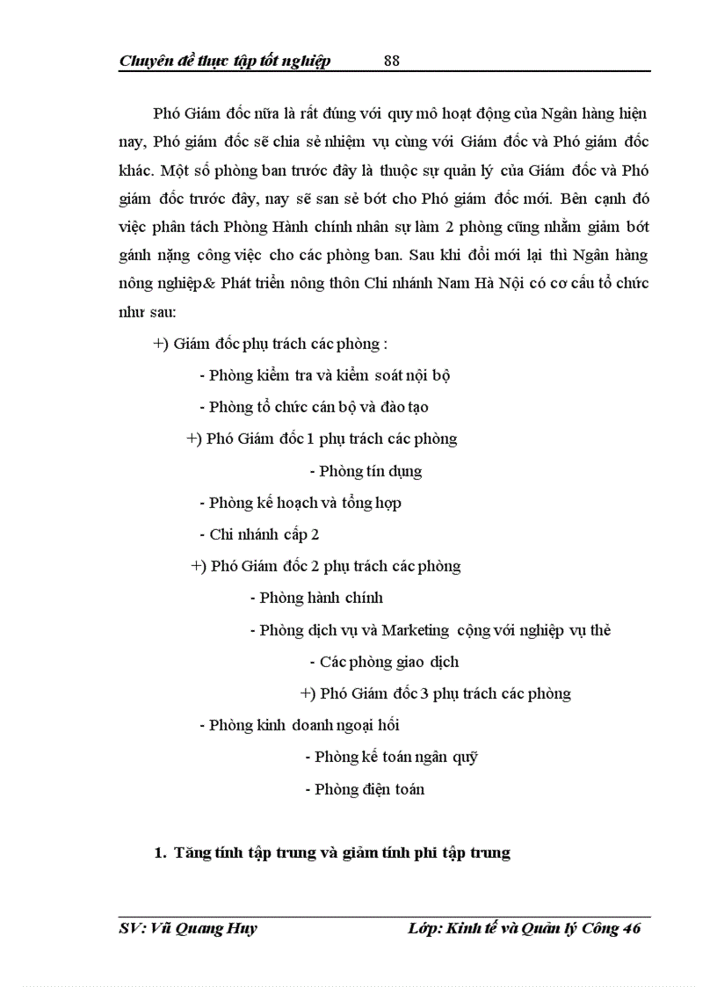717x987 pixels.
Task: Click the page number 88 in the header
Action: (392, 61)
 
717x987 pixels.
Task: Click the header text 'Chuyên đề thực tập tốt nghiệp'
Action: (224, 61)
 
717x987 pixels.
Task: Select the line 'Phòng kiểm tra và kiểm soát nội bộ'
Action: (324, 375)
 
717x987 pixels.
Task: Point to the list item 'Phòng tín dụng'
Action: (366, 471)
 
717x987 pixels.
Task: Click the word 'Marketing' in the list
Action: (416, 630)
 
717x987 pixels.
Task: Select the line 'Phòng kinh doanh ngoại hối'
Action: (300, 725)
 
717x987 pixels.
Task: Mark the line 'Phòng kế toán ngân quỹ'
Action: (391, 757)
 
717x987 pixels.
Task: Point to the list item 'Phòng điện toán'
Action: (370, 789)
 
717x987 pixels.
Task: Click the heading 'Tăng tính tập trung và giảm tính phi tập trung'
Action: (342, 853)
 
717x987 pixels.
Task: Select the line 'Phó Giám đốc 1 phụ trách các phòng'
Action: (322, 439)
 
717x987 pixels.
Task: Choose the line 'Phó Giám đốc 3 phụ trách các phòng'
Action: (436, 693)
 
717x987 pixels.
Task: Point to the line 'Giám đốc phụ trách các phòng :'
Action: (270, 344)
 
